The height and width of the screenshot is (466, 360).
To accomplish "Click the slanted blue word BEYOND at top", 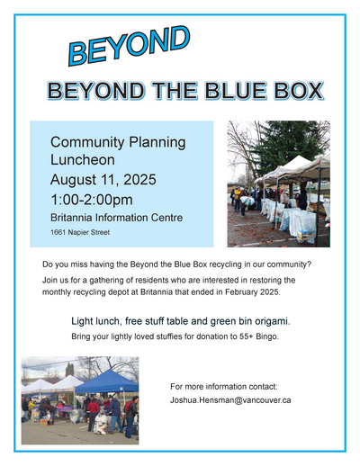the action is coord(130,46).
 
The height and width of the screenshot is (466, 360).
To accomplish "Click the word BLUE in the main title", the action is coord(236,90).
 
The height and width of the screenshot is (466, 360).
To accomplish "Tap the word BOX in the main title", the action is coord(299,90).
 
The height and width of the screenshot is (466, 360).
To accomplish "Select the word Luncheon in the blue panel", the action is coord(83,159).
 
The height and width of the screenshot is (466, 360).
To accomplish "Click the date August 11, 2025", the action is coord(103,180).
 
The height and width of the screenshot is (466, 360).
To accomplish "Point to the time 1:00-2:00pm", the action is coord(92,200).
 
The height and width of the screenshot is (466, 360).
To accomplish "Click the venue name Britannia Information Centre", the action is coord(116,218).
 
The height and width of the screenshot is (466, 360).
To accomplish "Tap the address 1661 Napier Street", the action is coord(80,232).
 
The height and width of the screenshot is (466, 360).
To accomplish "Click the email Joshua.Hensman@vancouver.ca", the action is coord(230,400).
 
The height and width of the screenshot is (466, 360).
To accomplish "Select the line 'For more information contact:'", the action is coord(224,386).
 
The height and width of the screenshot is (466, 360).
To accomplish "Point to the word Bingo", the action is coord(267,336).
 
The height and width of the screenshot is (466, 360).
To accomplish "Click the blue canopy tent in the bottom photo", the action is coord(107,381).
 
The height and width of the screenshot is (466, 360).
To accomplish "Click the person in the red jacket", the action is coord(93,414).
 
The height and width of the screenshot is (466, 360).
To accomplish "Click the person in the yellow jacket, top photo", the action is coord(238,198).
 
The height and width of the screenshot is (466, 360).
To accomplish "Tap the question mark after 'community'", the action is coord(310,264).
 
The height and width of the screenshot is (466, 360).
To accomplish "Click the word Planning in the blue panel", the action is coord(157,143).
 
